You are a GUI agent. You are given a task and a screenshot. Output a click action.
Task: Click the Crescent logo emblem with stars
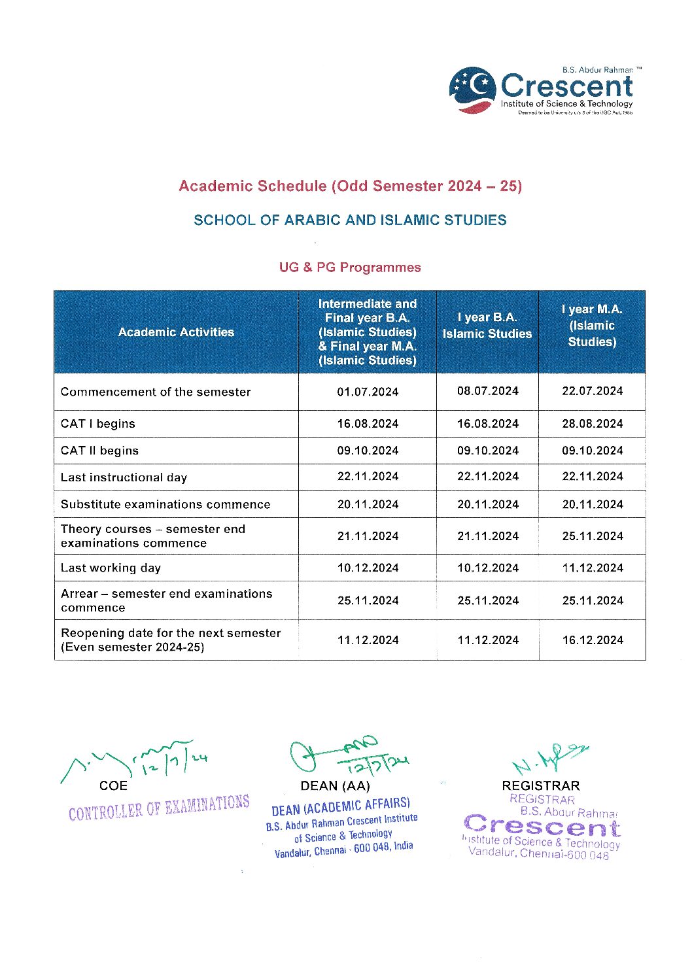coord(472,90)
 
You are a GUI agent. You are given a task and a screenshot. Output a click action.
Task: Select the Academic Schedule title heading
coord(350,186)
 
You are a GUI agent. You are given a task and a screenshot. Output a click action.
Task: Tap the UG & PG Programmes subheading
coord(350,267)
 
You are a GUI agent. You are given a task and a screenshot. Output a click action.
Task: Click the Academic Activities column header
coord(176,332)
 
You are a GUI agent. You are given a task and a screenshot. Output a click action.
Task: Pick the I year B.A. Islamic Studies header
coord(487,326)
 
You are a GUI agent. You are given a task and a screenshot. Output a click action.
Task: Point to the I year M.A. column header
coord(592,326)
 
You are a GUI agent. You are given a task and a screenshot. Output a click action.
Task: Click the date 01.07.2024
coord(368,392)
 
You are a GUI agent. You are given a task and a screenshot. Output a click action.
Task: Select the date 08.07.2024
coord(487,391)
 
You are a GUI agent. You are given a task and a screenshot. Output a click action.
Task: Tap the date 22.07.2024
coord(592,391)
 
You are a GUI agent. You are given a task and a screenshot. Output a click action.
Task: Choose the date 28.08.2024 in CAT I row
coord(592,424)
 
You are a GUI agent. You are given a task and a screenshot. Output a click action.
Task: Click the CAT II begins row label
coord(99,451)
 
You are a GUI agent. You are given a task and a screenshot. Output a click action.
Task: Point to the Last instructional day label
coord(124,477)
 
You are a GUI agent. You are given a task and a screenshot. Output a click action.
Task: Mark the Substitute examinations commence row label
coord(165,504)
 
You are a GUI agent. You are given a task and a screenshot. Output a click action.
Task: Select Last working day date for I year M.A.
coord(592,568)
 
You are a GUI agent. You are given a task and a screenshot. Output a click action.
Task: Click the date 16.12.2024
coord(592,640)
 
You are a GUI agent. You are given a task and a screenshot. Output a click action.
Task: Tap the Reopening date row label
coord(170,640)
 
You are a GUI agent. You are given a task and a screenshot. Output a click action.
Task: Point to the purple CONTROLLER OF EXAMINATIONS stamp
coord(159,808)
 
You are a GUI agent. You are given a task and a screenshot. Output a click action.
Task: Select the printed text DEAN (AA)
coord(335,786)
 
